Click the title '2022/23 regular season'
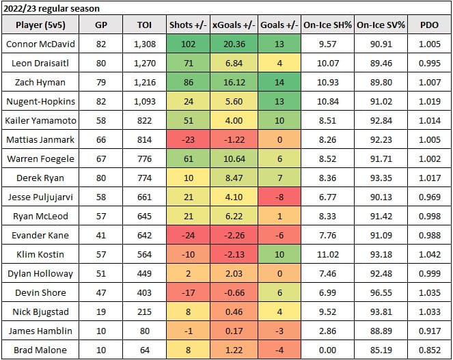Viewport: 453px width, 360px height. click(x=51, y=9)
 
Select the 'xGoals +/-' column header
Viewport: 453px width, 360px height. click(x=234, y=26)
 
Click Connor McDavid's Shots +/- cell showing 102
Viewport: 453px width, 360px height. click(x=187, y=44)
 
